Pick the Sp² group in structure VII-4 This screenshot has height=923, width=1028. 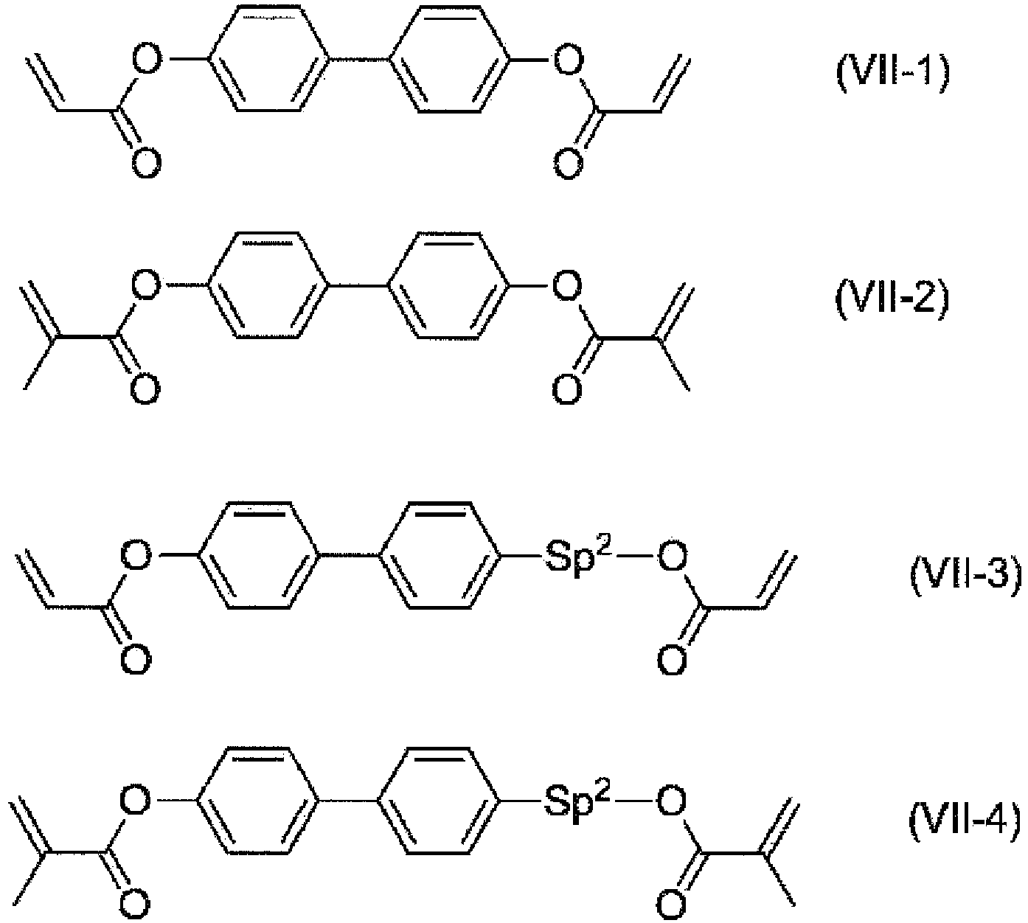577,801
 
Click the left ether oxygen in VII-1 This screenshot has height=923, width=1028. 147,60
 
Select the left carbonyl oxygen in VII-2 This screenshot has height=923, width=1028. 145,389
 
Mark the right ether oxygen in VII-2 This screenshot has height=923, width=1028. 567,286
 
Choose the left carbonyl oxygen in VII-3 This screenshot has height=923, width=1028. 136,658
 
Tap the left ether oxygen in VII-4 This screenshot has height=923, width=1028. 135,800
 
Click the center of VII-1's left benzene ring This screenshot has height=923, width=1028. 268,58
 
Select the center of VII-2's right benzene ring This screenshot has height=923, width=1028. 448,285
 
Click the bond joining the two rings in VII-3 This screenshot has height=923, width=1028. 350,554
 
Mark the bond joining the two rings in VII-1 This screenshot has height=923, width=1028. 358,59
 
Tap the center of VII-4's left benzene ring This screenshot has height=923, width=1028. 258,800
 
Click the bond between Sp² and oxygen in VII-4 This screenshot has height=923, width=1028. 634,800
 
